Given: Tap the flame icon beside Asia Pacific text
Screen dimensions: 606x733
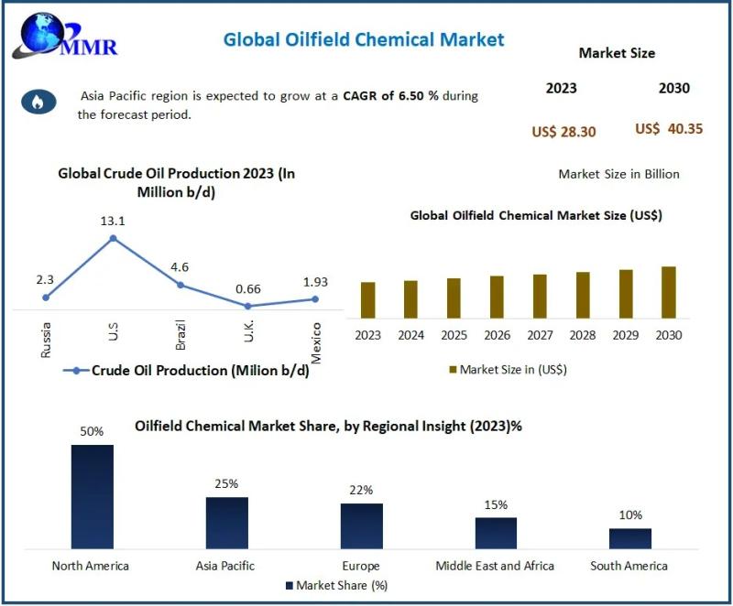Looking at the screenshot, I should coord(38,102).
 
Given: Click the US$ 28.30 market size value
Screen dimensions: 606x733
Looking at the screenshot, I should coord(563,132).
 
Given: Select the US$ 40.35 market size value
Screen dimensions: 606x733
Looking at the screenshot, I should coord(669,129).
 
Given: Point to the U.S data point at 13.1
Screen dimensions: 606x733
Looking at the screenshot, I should coord(114,238).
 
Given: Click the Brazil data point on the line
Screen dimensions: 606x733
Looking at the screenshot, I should coord(181,285).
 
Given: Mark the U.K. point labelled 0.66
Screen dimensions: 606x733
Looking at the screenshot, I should coord(248,306).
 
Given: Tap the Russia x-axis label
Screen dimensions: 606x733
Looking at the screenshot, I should coord(47,339).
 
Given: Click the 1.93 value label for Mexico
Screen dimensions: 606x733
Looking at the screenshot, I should coord(314,282).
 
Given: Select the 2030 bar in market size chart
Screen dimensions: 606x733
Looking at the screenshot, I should coord(669,291).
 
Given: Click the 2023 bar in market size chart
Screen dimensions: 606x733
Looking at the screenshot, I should coord(367,298).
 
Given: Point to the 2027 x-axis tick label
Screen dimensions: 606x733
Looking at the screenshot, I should coord(540,336).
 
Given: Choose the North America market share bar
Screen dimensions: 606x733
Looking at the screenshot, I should coord(92,495).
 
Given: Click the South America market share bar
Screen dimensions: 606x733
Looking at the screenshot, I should coord(630,537).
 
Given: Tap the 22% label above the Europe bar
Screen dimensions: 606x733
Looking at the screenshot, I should coord(361,490).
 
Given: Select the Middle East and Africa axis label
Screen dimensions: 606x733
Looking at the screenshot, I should coord(495,566).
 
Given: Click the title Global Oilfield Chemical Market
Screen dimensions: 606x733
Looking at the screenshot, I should coord(364,39).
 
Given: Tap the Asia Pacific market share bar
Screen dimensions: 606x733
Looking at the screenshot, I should coord(226,522).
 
